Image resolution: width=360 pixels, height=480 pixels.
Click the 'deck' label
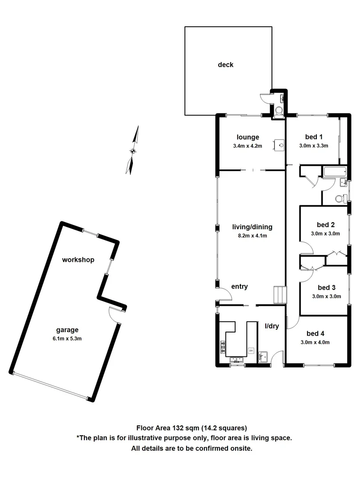click(225, 65)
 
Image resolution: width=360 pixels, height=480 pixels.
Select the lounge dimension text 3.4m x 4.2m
click(248, 146)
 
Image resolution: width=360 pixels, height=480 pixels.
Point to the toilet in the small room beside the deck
click(279, 110)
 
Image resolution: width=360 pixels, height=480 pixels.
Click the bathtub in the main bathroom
click(335, 172)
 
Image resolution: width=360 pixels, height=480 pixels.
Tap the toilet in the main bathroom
click(340, 198)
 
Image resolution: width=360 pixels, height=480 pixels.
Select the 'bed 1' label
click(314, 137)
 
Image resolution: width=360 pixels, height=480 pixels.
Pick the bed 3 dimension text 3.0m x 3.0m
click(325, 296)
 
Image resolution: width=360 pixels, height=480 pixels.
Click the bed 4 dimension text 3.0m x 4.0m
click(315, 342)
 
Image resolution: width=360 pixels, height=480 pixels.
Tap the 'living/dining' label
click(252, 227)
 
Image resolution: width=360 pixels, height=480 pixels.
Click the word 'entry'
click(239, 287)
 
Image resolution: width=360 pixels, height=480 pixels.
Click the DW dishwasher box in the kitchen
click(251, 351)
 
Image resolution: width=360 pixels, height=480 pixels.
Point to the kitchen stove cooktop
click(223, 347)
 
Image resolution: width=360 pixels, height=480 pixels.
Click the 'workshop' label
click(78, 260)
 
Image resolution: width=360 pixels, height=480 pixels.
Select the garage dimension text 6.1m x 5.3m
click(67, 338)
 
